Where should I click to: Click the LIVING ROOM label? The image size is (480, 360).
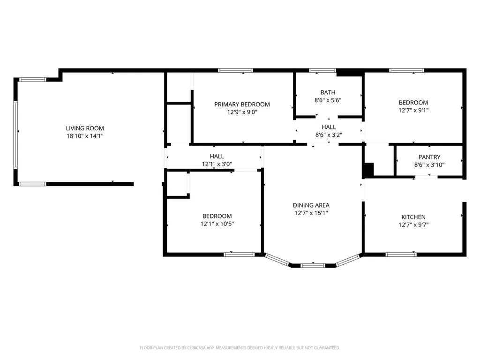coord(85,128)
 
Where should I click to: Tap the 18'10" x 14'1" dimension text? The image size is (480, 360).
coord(85,136)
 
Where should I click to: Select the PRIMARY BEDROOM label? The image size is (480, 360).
coord(242,105)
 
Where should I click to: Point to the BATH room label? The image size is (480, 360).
coord(328,92)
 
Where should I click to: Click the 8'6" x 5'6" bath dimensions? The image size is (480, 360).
coord(328,100)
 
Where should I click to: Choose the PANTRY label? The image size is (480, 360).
coord(429,157)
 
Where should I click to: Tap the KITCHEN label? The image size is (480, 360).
coord(413,217)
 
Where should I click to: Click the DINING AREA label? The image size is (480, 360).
coord(311,205)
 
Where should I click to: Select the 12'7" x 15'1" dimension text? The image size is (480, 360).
coord(311,213)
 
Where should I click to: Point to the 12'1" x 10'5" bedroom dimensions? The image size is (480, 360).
coord(217,224)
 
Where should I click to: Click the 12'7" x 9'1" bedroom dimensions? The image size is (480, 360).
coord(413,110)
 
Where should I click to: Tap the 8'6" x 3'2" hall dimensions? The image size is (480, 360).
coord(329,135)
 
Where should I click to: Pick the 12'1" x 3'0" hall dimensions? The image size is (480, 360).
coord(217,164)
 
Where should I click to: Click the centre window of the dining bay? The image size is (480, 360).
coord(313,265)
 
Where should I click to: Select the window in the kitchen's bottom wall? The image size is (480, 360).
coord(401,255)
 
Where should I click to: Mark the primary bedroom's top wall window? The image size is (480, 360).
coord(235,70)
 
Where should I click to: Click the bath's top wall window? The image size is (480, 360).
coord(322,70)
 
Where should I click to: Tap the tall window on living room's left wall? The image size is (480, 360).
coord(15,135)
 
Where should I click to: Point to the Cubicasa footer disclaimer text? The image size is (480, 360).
coord(240,348)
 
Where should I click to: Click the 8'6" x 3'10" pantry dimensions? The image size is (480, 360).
coord(429,165)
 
